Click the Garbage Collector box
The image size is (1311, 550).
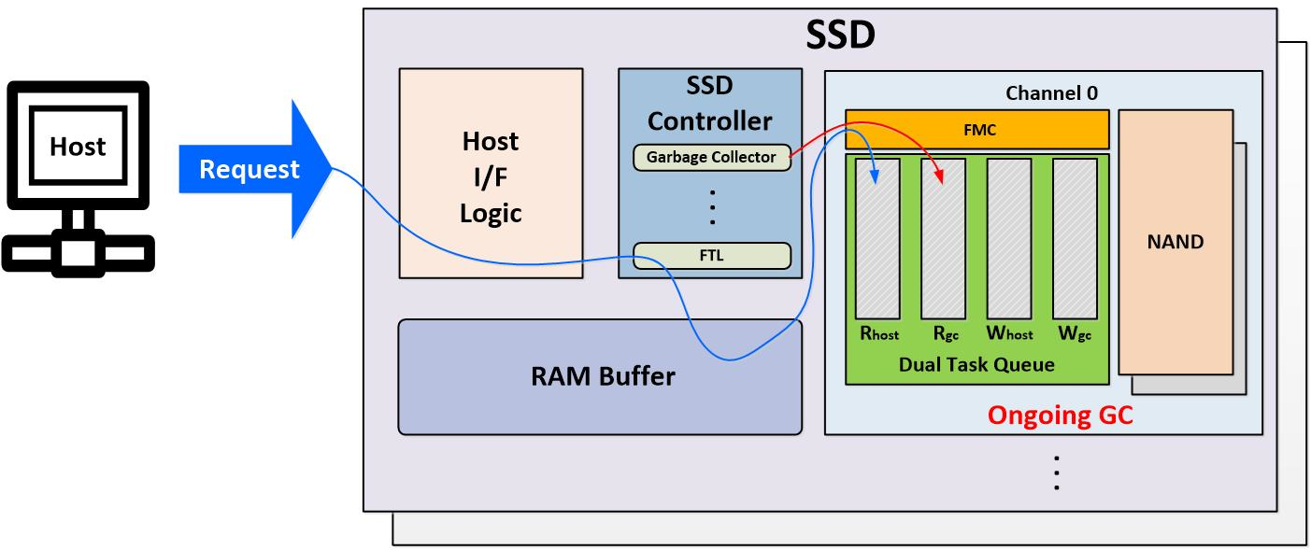[x=712, y=158]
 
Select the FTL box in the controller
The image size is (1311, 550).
[x=712, y=256]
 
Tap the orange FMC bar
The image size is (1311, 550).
[x=976, y=129]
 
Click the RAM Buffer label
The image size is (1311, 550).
[x=603, y=376]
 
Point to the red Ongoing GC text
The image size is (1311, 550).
[x=1060, y=415]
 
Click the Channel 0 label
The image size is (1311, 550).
[x=1051, y=93]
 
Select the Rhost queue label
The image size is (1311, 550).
[x=879, y=333]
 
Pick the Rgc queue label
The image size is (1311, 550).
[x=946, y=334]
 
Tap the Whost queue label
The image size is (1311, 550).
[x=1009, y=333]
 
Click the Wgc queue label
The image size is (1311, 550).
[x=1075, y=334]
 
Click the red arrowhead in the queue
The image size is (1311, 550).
[x=939, y=176]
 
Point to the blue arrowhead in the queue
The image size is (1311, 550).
[x=875, y=176]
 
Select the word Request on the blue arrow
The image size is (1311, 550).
[x=249, y=170]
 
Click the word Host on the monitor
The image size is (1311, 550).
[x=78, y=147]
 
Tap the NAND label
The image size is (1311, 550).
[x=1176, y=242]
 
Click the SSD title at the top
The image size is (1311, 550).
[x=840, y=35]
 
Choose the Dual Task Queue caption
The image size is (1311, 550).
[x=976, y=364]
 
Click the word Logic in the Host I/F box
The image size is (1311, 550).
[x=491, y=214]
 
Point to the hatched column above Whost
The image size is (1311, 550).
[x=1009, y=239]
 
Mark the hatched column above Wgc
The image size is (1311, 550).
[x=1075, y=239]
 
